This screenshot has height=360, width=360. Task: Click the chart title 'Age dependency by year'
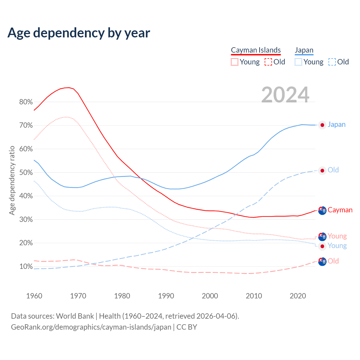pos(79,33)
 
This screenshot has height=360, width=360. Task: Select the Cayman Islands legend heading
pos(256,50)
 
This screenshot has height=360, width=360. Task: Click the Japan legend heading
pos(304,50)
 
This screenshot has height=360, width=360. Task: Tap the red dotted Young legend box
pos(235,62)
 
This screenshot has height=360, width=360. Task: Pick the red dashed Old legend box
pos(268,62)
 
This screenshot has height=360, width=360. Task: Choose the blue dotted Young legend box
pos(298,62)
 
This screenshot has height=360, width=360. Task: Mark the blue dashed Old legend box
pos(332,62)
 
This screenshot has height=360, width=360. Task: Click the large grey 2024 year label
pos(285,95)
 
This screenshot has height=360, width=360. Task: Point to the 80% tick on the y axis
pos(26,102)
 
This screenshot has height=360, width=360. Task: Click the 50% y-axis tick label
pos(26,172)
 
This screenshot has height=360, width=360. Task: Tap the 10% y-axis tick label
pos(26,266)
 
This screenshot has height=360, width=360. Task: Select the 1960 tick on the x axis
pos(34,296)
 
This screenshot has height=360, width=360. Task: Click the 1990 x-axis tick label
pos(166,296)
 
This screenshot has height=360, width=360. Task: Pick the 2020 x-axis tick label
pos(298,296)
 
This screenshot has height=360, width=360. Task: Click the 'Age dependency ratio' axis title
pos(12,180)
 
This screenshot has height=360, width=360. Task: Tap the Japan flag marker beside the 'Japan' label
pos(322,125)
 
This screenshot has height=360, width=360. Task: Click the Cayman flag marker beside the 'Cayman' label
pos(322,210)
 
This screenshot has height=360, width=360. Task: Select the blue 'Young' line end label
pos(337,246)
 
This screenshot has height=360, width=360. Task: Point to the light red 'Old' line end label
pos(333,261)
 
